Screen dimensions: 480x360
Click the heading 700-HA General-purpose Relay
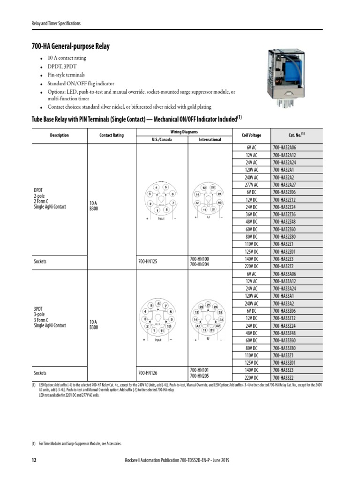click(70, 46)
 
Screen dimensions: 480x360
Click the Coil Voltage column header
click(252, 135)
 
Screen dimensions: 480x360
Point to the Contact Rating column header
click(111, 135)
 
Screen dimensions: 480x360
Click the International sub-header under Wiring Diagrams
click(210, 140)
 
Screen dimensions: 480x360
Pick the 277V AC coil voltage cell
click(252, 185)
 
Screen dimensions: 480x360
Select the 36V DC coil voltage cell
click(252, 214)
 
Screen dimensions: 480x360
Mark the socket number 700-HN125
click(148, 262)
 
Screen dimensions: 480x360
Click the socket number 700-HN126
click(148, 373)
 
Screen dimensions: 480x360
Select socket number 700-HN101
click(199, 370)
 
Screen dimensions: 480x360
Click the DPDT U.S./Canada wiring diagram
click(162, 203)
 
